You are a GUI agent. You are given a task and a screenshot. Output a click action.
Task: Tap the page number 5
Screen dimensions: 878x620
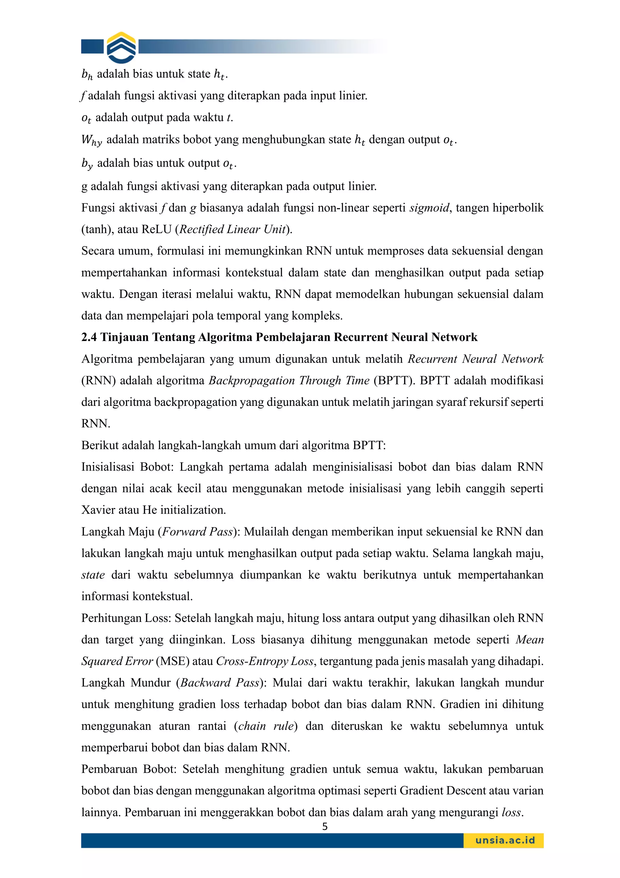325,826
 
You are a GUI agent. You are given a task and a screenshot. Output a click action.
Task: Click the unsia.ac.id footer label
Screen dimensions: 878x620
505,840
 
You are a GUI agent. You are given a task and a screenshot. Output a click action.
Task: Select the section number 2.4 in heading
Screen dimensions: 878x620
89,337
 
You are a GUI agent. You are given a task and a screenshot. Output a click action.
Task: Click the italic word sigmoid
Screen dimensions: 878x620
429,208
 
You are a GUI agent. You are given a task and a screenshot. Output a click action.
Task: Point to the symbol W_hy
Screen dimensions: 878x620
92,140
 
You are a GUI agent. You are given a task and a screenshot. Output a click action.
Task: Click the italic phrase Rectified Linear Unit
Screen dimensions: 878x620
232,229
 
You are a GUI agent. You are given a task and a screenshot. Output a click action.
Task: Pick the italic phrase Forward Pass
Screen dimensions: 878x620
197,532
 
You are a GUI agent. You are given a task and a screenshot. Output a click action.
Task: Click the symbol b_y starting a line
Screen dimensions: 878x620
87,164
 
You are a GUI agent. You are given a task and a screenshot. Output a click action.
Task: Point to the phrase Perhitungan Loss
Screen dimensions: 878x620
126,618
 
